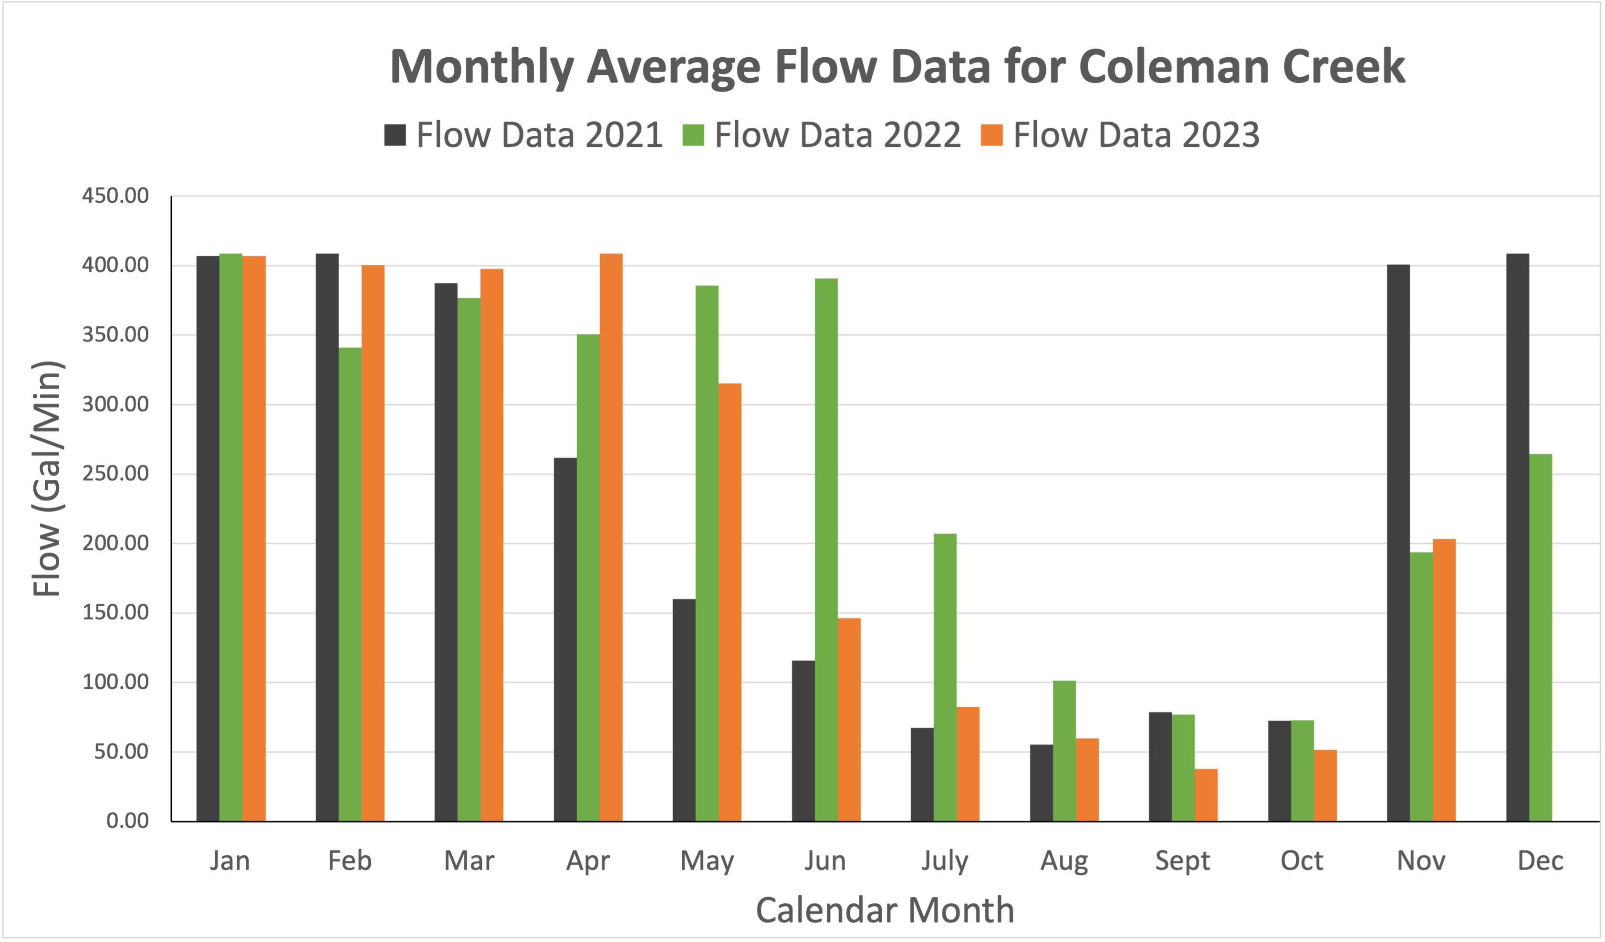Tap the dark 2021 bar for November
point(1398,543)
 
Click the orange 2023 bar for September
point(1206,795)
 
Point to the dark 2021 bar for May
point(684,710)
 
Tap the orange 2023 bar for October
point(1325,786)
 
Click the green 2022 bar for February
point(350,584)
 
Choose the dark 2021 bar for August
point(1042,783)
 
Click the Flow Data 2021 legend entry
point(523,135)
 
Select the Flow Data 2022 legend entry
point(822,135)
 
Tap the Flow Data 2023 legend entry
point(1120,135)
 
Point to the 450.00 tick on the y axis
point(115,196)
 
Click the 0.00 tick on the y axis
point(127,820)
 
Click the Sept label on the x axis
point(1182,861)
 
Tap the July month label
point(945,861)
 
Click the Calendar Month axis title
point(885,910)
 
